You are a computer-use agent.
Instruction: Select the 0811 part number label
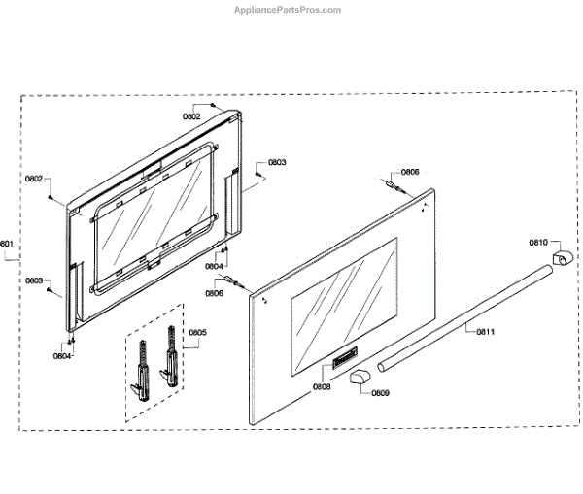click(x=485, y=332)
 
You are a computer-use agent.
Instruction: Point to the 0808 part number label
click(x=322, y=387)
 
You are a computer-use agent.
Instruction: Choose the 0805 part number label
click(x=197, y=332)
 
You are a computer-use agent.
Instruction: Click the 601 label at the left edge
click(x=6, y=244)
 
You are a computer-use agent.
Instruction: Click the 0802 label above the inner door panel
click(x=191, y=116)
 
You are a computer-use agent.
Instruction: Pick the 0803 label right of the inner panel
click(x=277, y=162)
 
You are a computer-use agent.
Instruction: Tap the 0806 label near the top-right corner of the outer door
click(x=410, y=172)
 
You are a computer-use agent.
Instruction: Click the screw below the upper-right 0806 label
click(x=394, y=184)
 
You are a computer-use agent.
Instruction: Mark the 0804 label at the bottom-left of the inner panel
click(x=62, y=356)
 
